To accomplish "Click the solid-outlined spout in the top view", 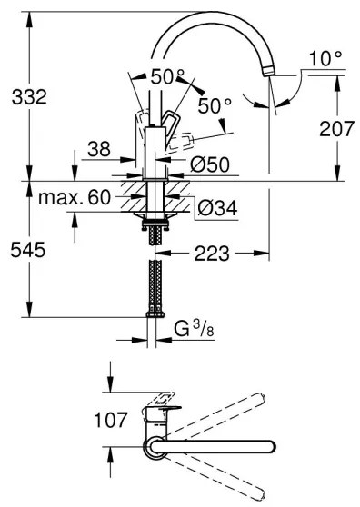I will point(218,445).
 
